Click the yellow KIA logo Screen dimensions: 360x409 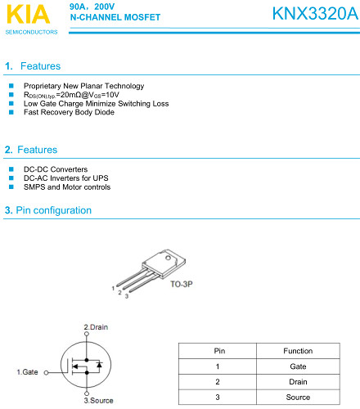(x=29, y=14)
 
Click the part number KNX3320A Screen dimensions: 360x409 (x=315, y=13)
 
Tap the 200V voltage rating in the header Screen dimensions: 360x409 (x=105, y=7)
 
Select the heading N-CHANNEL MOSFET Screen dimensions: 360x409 (x=115, y=17)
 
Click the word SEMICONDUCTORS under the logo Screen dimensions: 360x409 (x=31, y=32)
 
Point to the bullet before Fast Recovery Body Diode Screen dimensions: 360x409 (x=11, y=112)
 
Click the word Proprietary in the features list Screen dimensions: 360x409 (x=43, y=86)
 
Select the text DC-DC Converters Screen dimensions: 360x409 (x=56, y=169)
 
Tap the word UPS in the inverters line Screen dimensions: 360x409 (x=101, y=178)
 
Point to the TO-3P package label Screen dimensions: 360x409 (x=182, y=284)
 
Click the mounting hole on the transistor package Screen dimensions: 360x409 (x=168, y=258)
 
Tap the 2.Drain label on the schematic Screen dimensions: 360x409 (x=96, y=327)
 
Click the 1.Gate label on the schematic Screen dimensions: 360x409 (x=27, y=372)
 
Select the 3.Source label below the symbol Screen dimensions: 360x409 (x=98, y=400)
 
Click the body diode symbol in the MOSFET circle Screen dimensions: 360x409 (x=99, y=364)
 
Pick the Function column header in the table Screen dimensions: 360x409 (x=298, y=351)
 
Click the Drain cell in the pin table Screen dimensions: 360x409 (x=298, y=382)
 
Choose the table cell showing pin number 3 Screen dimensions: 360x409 (x=218, y=397)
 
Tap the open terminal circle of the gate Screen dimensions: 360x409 (x=47, y=372)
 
